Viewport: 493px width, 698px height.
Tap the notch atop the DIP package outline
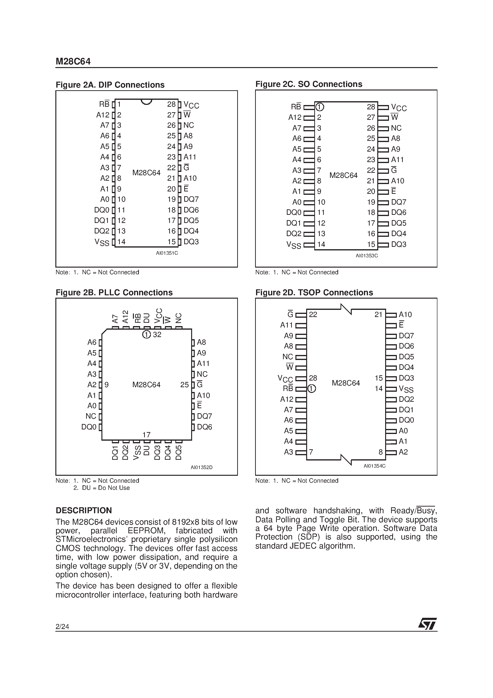pos(147,101)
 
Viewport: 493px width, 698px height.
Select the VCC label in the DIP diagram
pos(191,106)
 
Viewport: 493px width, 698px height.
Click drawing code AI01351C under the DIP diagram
pos(167,253)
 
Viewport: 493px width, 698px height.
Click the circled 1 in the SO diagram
pos(320,107)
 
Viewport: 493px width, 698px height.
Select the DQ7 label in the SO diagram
pos(399,202)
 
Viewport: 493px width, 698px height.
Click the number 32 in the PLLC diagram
pos(157,335)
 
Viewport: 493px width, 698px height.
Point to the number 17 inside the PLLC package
pos(147,435)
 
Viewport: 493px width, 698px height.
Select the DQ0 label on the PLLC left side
pos(89,427)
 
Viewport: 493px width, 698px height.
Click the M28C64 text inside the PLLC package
pos(146,385)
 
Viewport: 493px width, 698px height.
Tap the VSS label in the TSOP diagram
pos(406,389)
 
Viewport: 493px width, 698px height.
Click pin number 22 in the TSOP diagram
pos(313,315)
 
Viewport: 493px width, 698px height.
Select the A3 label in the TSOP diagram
pos(288,452)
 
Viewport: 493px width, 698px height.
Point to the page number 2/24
pos(62,627)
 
